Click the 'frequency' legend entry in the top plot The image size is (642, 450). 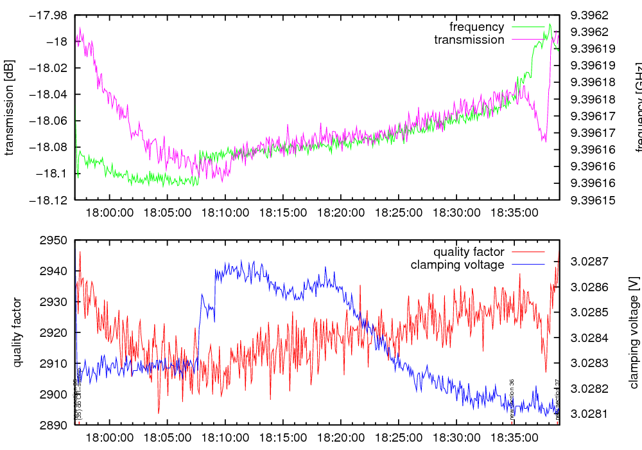tap(476, 27)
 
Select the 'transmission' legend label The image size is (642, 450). tap(469, 40)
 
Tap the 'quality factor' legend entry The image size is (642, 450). tap(468, 252)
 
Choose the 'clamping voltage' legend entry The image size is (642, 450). tap(457, 265)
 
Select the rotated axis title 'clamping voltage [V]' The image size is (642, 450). tap(634, 332)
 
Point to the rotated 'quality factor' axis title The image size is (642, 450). tap(17, 332)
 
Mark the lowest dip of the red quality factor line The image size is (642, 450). tap(158, 413)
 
